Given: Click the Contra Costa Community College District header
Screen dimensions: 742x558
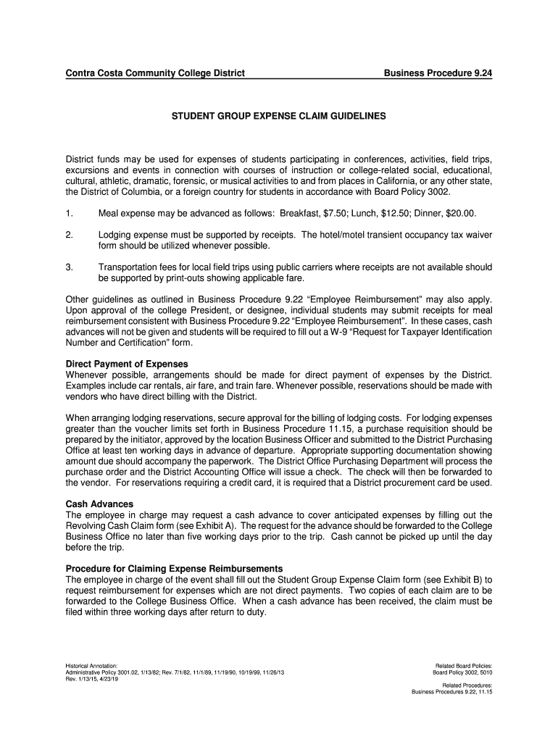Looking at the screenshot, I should (155, 73).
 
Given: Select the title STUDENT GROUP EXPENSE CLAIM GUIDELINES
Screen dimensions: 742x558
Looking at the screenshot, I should (279, 116).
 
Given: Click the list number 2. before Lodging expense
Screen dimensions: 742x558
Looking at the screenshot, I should (70, 235).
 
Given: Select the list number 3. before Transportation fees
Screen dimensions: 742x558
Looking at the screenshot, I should (70, 267).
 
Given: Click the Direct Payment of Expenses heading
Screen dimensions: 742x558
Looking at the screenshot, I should (127, 364).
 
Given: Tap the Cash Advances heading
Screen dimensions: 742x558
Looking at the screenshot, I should (99, 503).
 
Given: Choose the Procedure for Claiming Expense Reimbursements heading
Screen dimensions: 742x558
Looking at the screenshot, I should (174, 568).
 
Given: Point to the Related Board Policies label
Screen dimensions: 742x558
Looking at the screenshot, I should (464, 665).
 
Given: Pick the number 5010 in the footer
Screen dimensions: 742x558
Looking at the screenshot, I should (484, 672).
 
